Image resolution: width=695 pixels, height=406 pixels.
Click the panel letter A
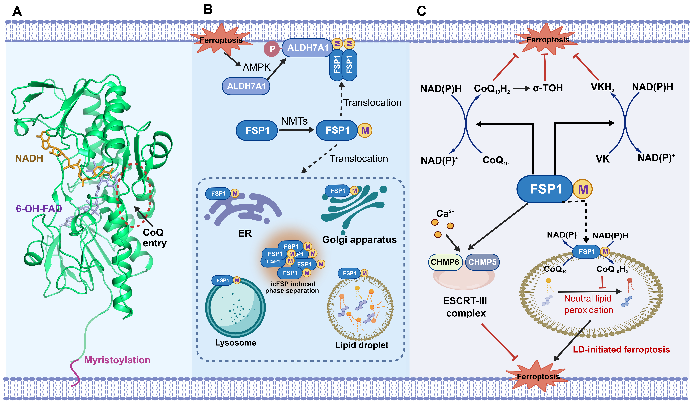tap(17, 12)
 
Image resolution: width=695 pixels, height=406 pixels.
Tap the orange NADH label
tap(29, 158)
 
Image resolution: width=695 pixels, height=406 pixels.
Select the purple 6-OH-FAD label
tap(39, 209)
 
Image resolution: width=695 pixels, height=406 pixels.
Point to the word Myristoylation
tap(117, 360)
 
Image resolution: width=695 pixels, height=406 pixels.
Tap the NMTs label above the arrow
tap(294, 121)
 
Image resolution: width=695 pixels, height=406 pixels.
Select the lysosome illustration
tap(235, 307)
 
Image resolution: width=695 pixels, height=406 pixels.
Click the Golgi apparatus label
tap(359, 240)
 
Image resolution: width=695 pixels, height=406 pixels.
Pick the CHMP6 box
tap(445, 262)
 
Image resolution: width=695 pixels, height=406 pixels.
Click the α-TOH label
tap(548, 88)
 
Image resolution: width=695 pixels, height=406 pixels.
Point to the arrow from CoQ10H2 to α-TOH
tap(521, 89)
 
